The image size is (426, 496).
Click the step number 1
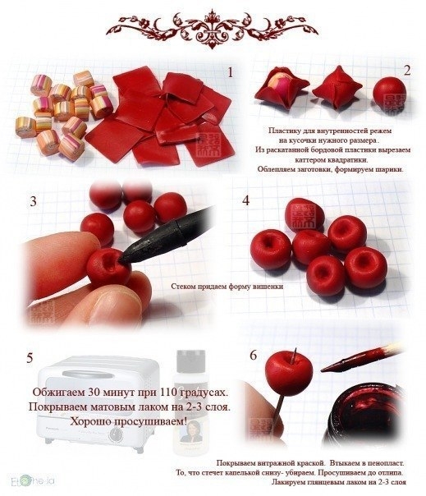231,72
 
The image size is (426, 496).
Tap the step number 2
407,71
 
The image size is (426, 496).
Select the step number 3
33,201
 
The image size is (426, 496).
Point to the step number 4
245,200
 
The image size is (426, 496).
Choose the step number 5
30,358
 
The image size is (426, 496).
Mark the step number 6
254,356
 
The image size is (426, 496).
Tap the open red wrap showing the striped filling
282,87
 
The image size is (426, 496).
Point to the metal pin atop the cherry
295,356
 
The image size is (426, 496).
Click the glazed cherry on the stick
289,370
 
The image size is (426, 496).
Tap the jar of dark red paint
364,415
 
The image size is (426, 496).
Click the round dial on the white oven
116,435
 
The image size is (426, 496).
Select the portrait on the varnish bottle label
190,430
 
